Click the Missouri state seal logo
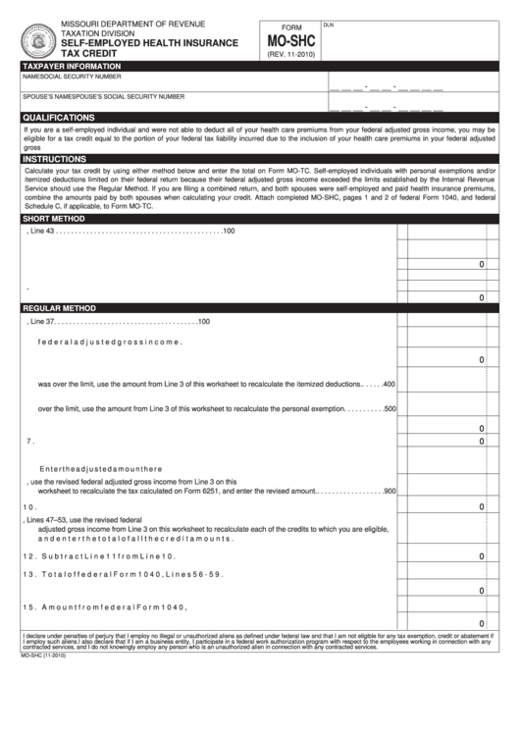click(38, 40)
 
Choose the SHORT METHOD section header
click(54, 219)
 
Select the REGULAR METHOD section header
click(61, 308)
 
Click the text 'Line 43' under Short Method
click(43, 231)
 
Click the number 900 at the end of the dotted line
click(389, 491)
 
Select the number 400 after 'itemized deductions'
click(389, 384)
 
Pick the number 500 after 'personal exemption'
click(389, 408)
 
